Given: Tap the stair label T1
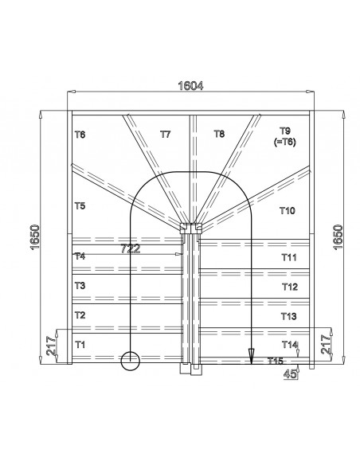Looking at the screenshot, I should pyautogui.click(x=79, y=345).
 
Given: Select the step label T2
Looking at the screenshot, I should pyautogui.click(x=79, y=315).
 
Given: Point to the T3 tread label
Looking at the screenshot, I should pyautogui.click(x=79, y=285).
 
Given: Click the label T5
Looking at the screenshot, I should pyautogui.click(x=80, y=206).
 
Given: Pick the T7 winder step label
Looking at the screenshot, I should pyautogui.click(x=165, y=135).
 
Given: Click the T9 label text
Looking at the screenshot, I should pyautogui.click(x=285, y=130).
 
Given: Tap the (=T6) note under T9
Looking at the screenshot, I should pyautogui.click(x=284, y=141).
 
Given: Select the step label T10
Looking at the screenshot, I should pyautogui.click(x=288, y=211).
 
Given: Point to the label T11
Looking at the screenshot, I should pyautogui.click(x=288, y=257).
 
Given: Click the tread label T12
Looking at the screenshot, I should pyautogui.click(x=289, y=287).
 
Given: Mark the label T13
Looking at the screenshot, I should pyautogui.click(x=288, y=316).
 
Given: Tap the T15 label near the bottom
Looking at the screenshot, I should pyautogui.click(x=275, y=361).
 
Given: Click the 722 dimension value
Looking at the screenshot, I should pyautogui.click(x=131, y=248).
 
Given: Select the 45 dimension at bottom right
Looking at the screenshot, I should pyautogui.click(x=293, y=372).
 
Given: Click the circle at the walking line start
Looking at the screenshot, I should pyautogui.click(x=129, y=361).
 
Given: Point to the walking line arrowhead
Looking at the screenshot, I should pyautogui.click(x=252, y=358).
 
